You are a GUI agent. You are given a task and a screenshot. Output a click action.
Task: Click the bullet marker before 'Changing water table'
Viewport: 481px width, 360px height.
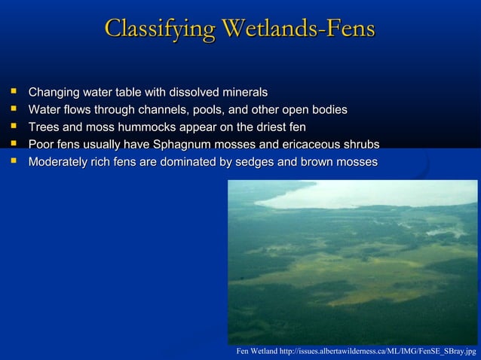point(13,93)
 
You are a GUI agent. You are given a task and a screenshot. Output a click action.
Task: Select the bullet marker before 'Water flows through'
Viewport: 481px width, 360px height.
point(13,110)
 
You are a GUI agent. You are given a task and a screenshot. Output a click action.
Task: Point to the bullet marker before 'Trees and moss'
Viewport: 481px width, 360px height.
point(13,127)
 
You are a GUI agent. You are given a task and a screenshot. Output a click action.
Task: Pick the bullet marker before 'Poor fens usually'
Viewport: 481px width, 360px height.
point(13,145)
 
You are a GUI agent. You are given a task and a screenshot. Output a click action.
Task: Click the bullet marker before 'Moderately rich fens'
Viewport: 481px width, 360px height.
point(13,162)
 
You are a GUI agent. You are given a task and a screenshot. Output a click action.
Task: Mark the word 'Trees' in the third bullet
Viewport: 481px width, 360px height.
point(44,127)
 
